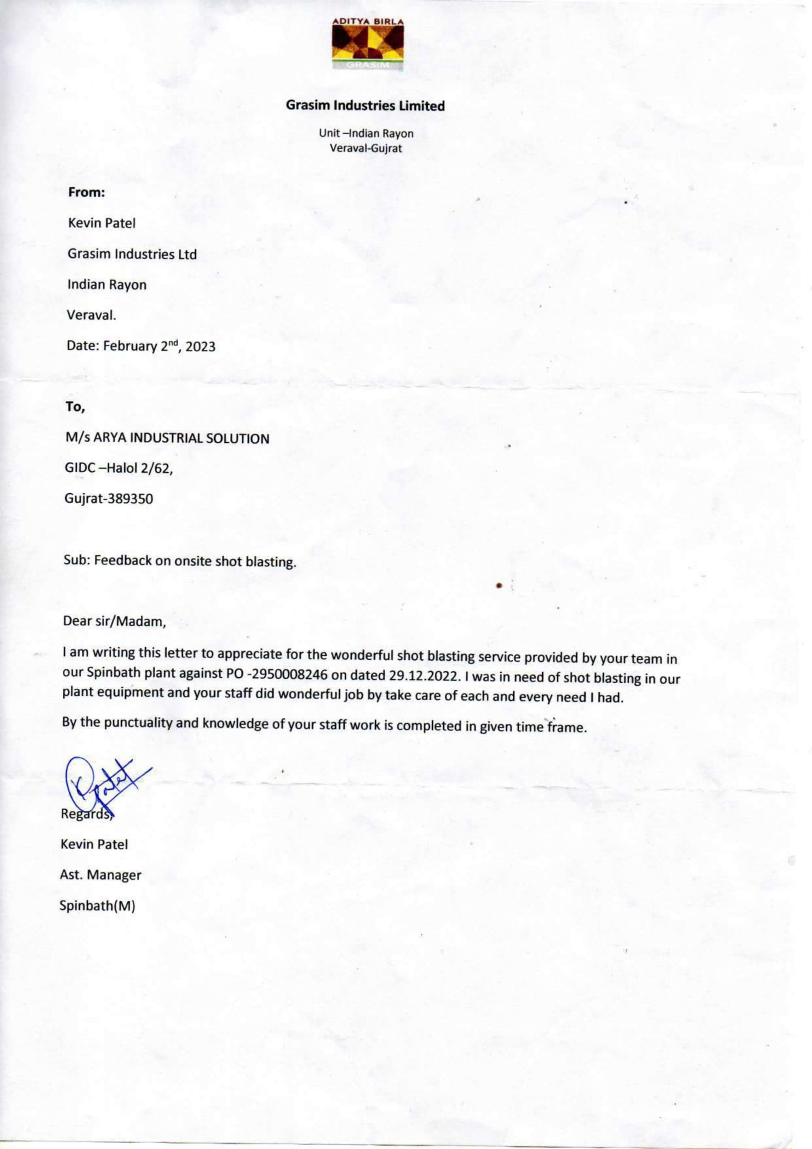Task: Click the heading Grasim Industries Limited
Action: [x=365, y=105]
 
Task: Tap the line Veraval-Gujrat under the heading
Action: [x=365, y=148]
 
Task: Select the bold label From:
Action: [x=86, y=192]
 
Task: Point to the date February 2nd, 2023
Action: [x=159, y=346]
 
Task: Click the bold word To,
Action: [x=75, y=408]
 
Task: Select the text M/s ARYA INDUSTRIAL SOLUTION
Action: [x=167, y=439]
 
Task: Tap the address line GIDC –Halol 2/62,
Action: [x=119, y=469]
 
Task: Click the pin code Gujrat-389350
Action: [x=109, y=499]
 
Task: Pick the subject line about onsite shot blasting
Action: [x=180, y=561]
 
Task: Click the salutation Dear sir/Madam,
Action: [x=114, y=622]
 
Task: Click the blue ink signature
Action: [x=103, y=784]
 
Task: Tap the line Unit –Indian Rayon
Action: [x=366, y=134]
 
